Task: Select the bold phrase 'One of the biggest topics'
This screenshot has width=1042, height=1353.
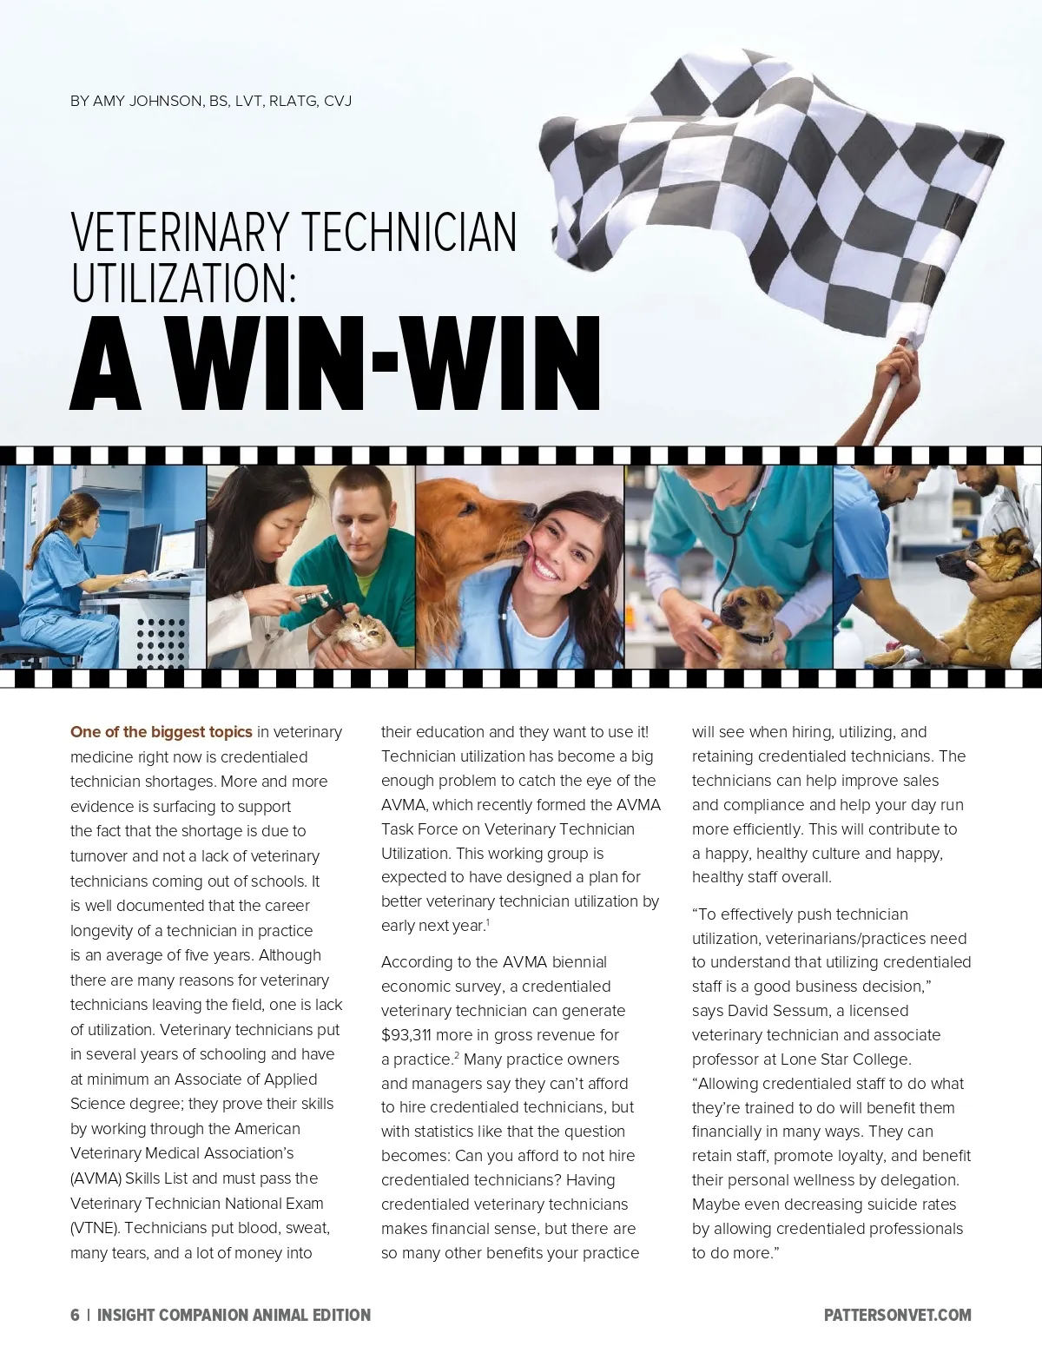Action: pyautogui.click(x=162, y=732)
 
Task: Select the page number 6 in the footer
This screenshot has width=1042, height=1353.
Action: pyautogui.click(x=75, y=1315)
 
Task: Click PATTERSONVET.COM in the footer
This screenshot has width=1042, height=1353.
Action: pyautogui.click(x=897, y=1315)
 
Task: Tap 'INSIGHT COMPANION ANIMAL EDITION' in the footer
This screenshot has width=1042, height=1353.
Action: pyautogui.click(x=234, y=1315)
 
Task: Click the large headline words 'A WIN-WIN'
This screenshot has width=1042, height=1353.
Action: pyautogui.click(x=334, y=365)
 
